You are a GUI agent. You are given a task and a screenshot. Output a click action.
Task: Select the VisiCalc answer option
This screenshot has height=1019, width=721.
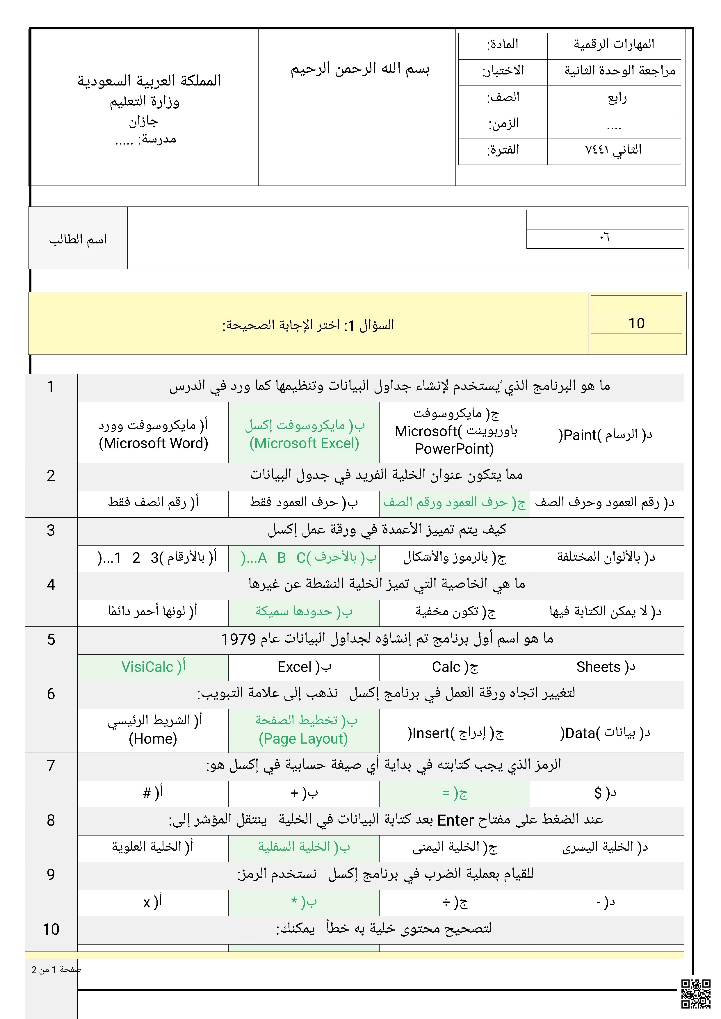pyautogui.click(x=153, y=667)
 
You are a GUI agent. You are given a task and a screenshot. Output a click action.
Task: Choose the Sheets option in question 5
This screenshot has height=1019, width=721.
pyautogui.click(x=606, y=667)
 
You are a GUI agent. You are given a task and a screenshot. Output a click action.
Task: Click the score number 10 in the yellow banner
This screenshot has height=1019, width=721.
pyautogui.click(x=636, y=324)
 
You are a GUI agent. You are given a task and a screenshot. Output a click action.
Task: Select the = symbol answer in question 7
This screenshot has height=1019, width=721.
pyautogui.click(x=455, y=793)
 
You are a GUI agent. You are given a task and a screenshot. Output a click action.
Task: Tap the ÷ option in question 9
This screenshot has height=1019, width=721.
pyautogui.click(x=455, y=902)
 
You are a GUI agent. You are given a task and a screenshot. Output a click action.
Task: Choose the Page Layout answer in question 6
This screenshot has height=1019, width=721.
pyautogui.click(x=304, y=730)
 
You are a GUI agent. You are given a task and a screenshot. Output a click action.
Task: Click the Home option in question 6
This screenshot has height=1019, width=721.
pyautogui.click(x=153, y=730)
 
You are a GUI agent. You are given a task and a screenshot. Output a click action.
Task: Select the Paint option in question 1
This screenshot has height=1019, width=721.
pyautogui.click(x=606, y=434)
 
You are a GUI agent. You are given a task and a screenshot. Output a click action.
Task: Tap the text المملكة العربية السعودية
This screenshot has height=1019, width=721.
pyautogui.click(x=149, y=81)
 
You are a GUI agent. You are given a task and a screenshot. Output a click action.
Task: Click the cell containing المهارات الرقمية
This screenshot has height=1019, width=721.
pyautogui.click(x=614, y=44)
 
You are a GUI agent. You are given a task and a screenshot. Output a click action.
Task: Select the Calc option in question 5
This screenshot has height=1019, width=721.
pyautogui.click(x=455, y=667)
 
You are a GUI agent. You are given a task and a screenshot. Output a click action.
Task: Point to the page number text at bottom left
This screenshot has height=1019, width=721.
pyautogui.click(x=56, y=970)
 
